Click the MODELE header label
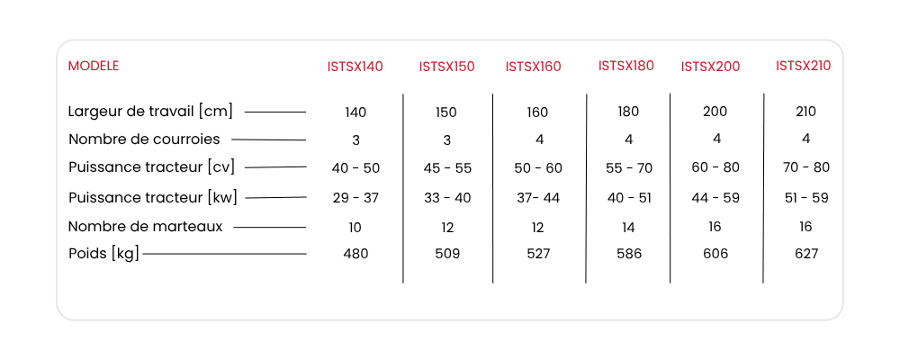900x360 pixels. click(94, 66)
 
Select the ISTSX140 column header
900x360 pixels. click(355, 67)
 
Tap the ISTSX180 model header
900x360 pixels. click(626, 66)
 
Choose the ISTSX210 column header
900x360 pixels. click(804, 66)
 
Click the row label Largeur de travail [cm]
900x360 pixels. click(150, 112)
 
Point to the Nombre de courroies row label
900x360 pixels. click(144, 139)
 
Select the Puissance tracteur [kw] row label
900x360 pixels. click(153, 197)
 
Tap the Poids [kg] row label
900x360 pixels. click(103, 254)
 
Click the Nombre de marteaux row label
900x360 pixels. click(145, 227)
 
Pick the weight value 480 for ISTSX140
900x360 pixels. click(355, 253)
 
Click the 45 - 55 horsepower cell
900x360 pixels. click(447, 167)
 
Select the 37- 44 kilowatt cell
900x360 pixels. click(538, 197)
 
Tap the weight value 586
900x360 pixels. click(628, 253)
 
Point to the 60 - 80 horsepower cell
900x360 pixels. click(715, 167)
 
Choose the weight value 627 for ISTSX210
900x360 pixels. click(805, 253)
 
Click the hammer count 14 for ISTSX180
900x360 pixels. click(628, 228)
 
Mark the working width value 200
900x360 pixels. click(715, 112)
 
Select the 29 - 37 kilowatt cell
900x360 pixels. click(355, 197)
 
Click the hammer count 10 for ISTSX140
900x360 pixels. click(355, 228)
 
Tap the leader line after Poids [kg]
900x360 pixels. click(224, 253)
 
